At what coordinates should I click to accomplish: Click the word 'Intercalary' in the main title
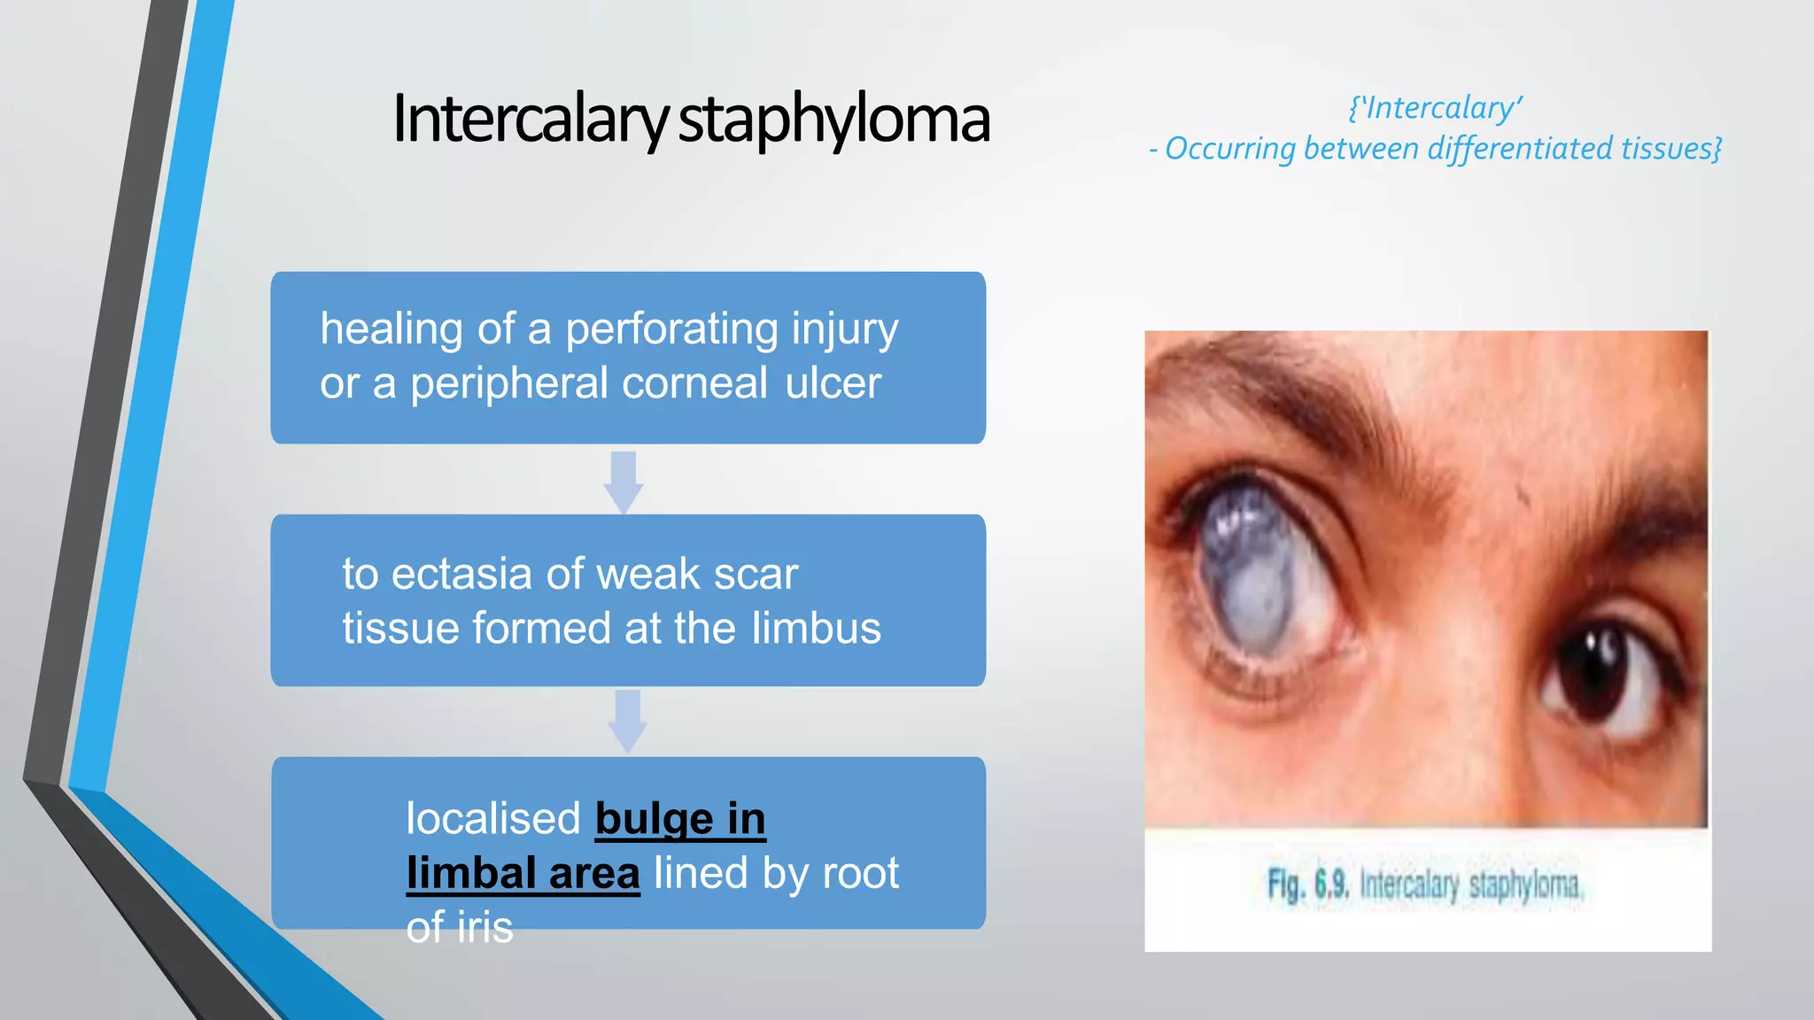click(530, 120)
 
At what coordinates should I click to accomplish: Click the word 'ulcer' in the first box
click(833, 383)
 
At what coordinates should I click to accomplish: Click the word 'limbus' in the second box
click(816, 629)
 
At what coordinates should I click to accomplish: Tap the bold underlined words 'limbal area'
click(523, 873)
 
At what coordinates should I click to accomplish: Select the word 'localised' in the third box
click(493, 818)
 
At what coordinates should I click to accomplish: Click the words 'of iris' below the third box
click(459, 927)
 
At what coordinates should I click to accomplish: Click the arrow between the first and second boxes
click(624, 482)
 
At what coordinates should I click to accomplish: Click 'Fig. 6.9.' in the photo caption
click(1307, 884)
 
